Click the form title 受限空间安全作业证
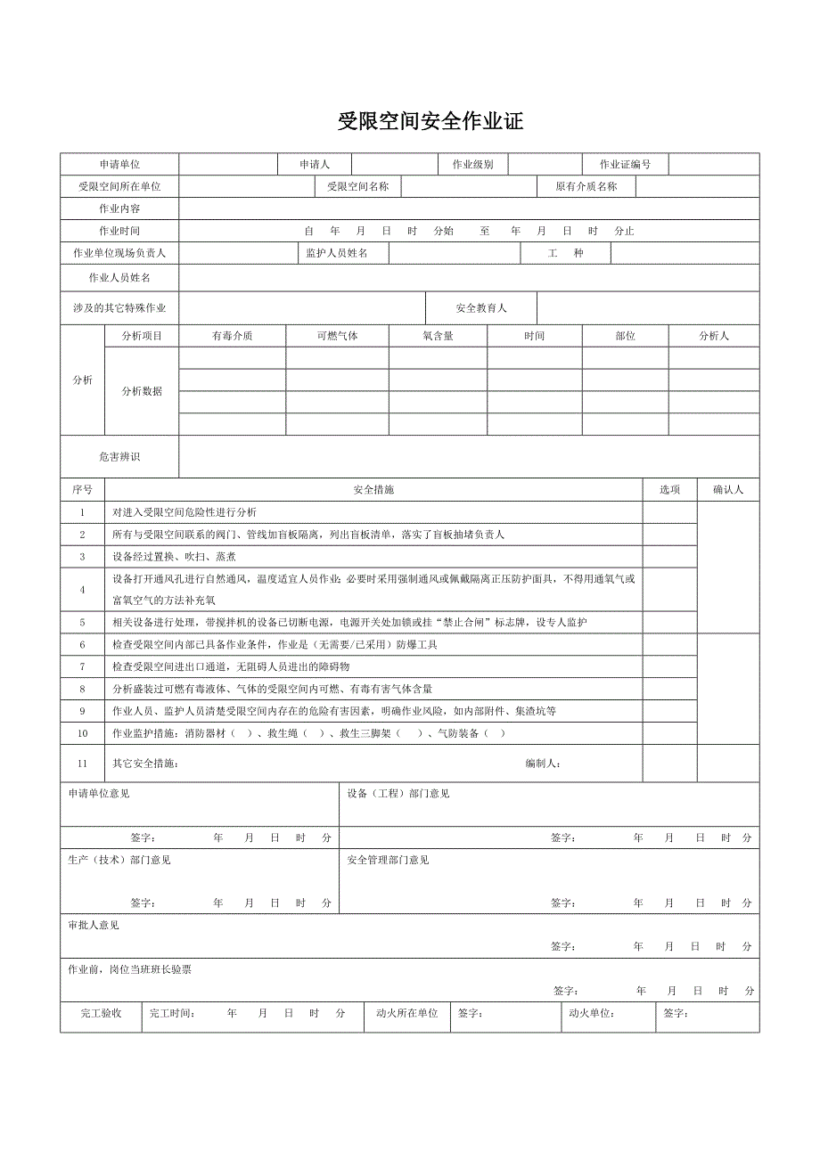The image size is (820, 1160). coord(430,122)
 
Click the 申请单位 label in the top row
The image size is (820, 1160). coord(119,165)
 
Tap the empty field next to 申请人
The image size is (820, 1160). coord(393,165)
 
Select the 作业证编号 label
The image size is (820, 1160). coord(625,165)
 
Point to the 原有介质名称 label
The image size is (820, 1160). coord(586,187)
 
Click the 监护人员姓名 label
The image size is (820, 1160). coord(336,254)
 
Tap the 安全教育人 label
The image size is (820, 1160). coord(480,308)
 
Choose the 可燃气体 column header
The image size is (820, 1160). coord(337,337)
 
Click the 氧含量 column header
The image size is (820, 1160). coord(438,337)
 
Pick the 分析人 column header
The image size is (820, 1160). coord(713,337)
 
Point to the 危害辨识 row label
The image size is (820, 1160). coord(119,457)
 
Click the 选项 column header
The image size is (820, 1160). coord(669,490)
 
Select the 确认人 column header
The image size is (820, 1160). coord(727,490)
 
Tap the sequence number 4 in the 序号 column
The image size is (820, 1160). coord(82,590)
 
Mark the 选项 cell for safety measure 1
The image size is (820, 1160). coord(669,512)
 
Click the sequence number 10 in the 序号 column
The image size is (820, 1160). coord(82,734)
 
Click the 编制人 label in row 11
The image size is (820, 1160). coord(543,764)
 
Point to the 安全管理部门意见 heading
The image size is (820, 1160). coord(388,861)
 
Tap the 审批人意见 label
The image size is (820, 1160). coord(94,926)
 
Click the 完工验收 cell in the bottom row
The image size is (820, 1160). coord(101,1014)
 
